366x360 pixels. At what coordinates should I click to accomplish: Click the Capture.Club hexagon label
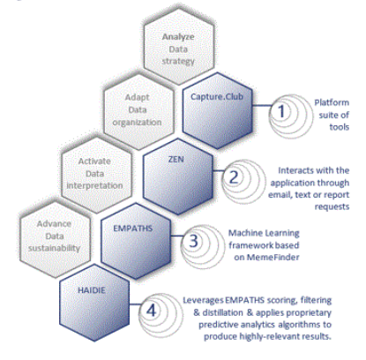click(217, 96)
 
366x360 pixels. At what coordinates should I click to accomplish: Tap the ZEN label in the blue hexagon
click(176, 159)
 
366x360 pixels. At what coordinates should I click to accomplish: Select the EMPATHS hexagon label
click(133, 229)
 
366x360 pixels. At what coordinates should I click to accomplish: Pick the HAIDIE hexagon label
click(92, 290)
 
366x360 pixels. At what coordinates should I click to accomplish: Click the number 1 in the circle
click(281, 111)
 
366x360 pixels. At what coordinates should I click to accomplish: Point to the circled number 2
click(234, 176)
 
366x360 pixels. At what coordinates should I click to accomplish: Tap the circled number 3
click(193, 241)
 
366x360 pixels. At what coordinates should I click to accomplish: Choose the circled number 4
click(151, 311)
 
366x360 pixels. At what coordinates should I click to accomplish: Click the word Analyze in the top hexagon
click(178, 37)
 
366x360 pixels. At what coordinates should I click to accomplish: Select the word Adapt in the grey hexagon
click(137, 97)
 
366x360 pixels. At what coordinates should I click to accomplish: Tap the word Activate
click(94, 161)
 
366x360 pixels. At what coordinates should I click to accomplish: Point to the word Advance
click(54, 224)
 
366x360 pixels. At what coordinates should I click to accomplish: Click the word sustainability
click(54, 249)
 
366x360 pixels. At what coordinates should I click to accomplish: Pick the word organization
click(137, 123)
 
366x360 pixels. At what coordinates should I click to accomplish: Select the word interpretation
click(94, 186)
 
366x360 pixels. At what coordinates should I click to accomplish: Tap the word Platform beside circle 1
click(332, 102)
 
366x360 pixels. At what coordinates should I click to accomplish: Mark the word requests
click(332, 207)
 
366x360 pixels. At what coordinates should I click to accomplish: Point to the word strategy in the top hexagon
click(178, 62)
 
